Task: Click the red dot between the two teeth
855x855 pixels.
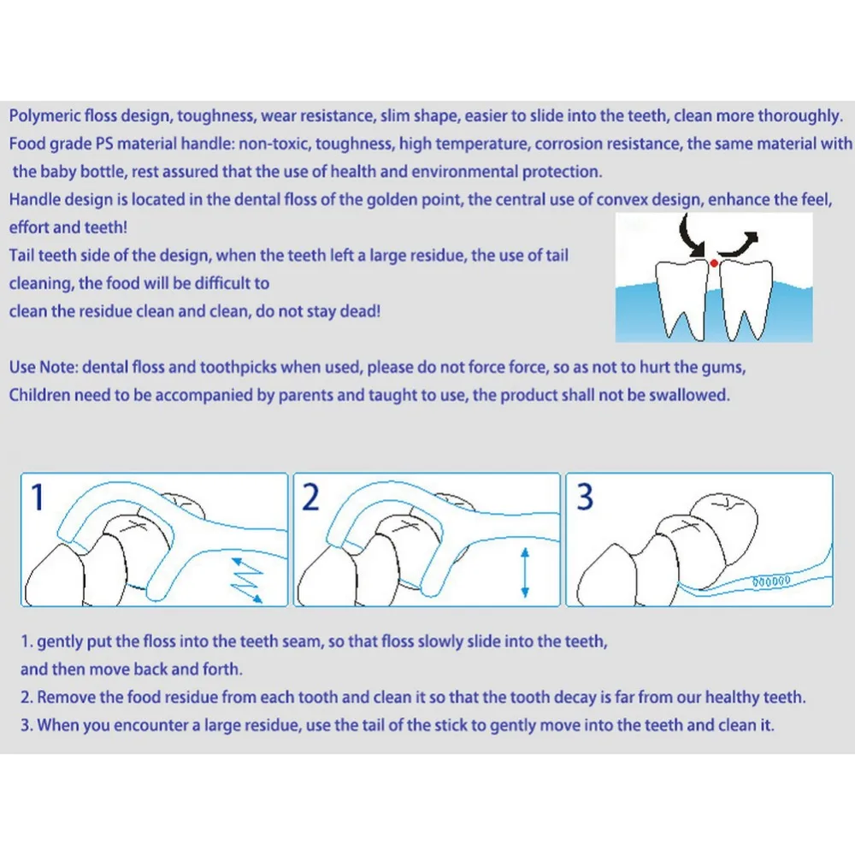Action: tap(714, 263)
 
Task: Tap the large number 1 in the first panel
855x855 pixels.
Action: tap(38, 497)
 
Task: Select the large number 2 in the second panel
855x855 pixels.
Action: tap(310, 497)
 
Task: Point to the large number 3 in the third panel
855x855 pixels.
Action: tap(585, 497)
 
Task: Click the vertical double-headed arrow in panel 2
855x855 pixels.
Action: tap(525, 573)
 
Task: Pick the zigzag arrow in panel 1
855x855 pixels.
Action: tap(247, 580)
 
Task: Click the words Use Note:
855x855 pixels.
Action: tap(44, 367)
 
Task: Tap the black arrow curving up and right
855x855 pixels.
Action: tap(739, 245)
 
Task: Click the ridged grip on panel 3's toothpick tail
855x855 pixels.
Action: tap(771, 581)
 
